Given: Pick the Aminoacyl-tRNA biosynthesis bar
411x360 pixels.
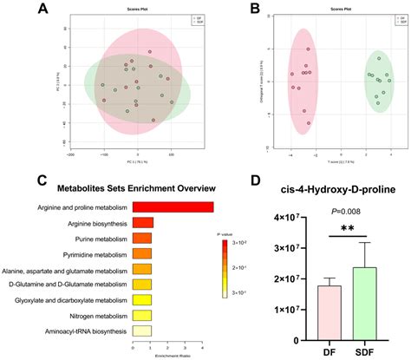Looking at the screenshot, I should point(141,331).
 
